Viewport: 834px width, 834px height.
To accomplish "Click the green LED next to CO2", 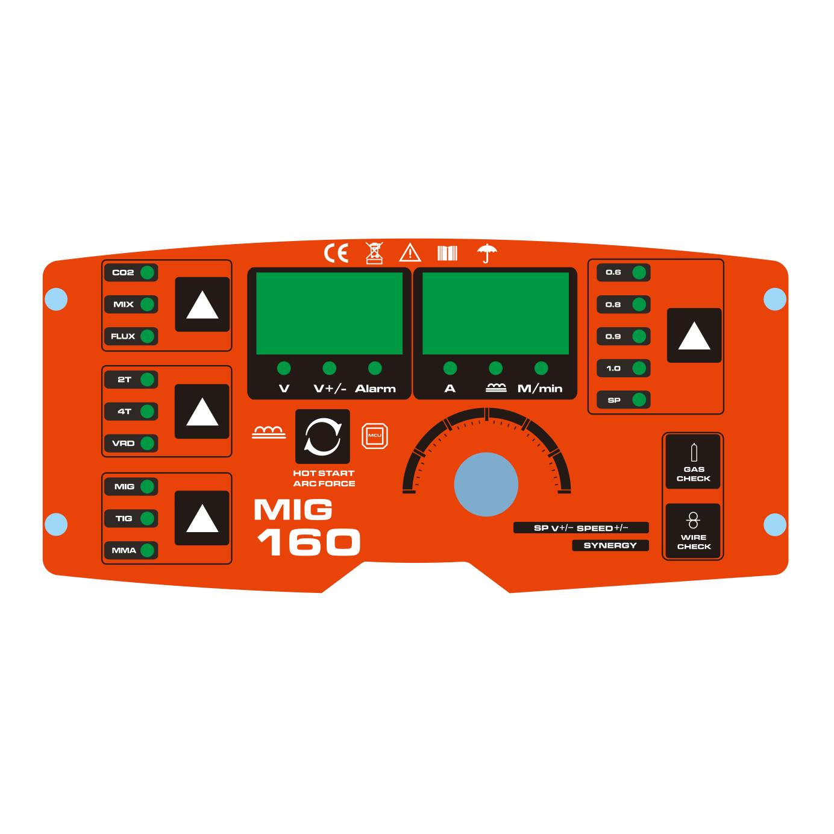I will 148,272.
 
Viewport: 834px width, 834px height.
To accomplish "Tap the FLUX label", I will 123,336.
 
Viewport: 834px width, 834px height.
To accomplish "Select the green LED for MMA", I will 148,550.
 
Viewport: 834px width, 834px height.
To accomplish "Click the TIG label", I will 124,518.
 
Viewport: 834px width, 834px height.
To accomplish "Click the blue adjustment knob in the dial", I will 486,484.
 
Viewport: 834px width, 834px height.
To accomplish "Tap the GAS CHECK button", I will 693,462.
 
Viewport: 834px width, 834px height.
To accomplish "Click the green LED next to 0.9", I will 639,336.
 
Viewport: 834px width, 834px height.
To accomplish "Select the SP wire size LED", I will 639,400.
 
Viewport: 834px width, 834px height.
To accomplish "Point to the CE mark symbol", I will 336,253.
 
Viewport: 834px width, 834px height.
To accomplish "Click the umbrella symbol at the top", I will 487,253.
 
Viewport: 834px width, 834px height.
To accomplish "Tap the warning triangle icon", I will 410,252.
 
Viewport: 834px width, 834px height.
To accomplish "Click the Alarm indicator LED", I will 375,368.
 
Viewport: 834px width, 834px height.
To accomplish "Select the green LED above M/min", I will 541,368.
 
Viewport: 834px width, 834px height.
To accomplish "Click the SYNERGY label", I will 610,545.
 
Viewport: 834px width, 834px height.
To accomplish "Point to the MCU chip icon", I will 375,436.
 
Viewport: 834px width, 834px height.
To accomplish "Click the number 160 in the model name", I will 309,542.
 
